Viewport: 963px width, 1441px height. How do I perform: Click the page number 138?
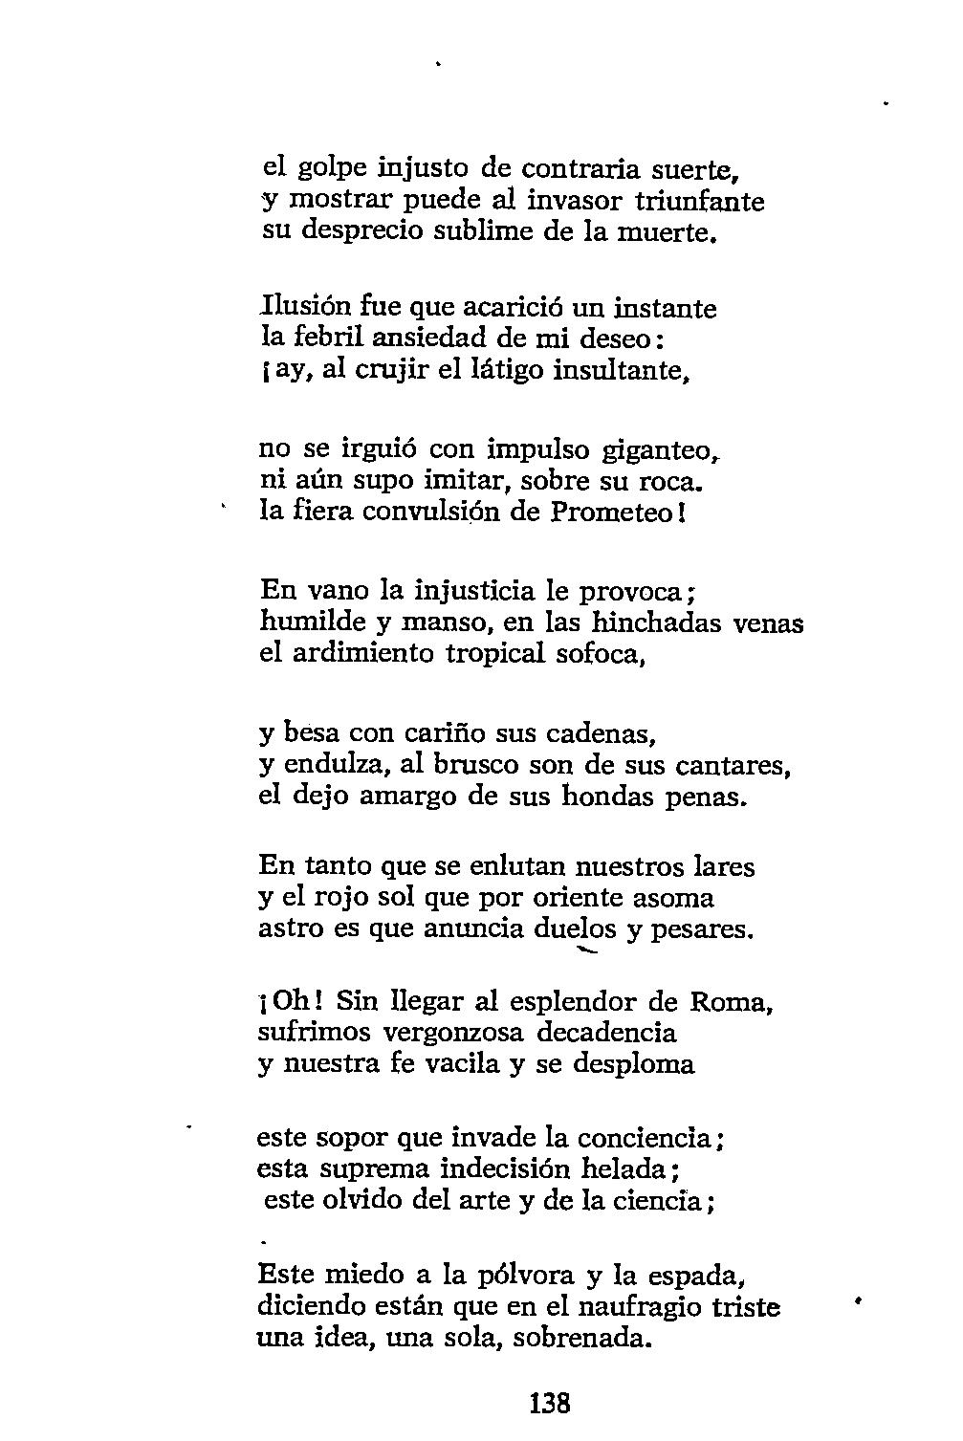(549, 1404)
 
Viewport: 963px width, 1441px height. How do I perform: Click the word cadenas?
(599, 733)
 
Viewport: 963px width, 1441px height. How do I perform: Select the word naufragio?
(639, 1306)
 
